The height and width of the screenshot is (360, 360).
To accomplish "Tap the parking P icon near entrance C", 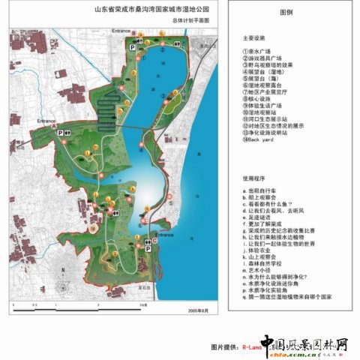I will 154,252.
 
